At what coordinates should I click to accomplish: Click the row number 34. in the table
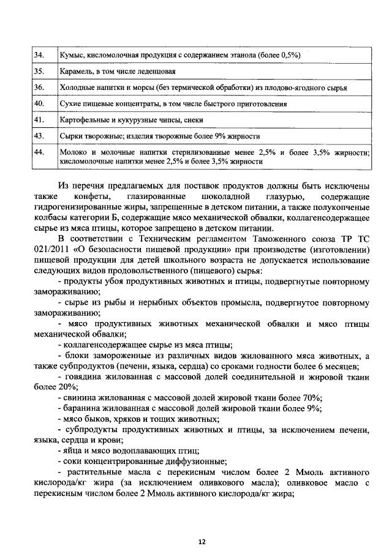pos(39,56)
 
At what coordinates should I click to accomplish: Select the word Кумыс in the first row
pos(72,56)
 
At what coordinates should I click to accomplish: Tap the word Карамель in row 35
pos(76,72)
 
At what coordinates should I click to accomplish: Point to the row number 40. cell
pos(39,103)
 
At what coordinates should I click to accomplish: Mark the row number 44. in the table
pos(39,151)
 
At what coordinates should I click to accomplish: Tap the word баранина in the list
pos(82,408)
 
